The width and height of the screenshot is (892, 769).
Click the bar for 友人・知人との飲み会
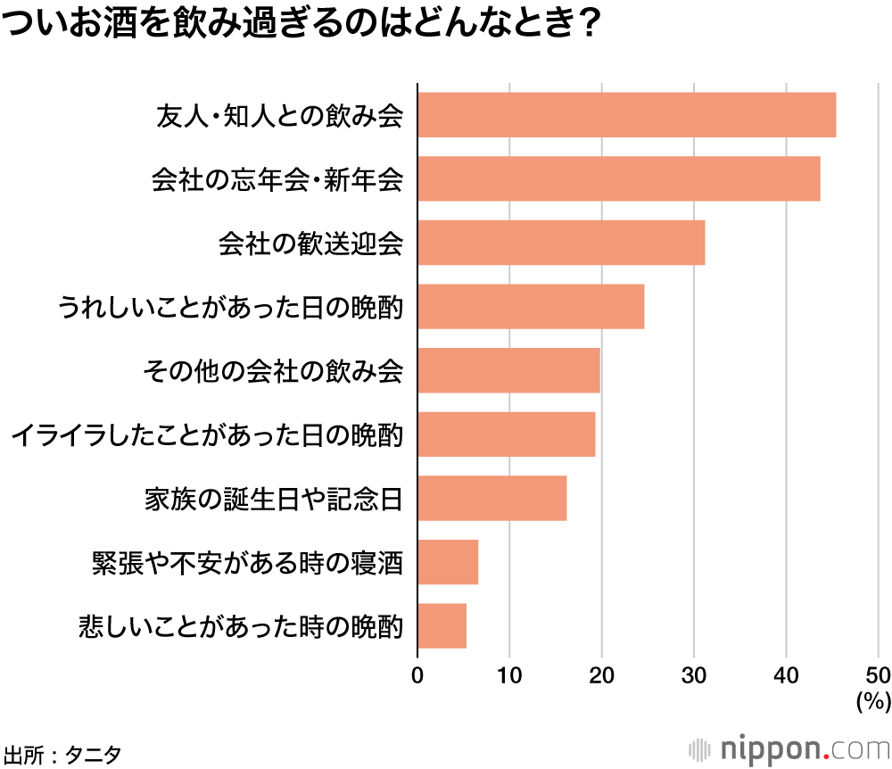pos(626,115)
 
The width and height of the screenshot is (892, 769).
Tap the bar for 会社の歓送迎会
pos(561,243)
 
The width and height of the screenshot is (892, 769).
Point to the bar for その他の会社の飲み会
pos(508,370)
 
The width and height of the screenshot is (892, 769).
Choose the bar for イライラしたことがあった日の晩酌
pos(506,434)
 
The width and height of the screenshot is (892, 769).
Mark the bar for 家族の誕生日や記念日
pos(491,498)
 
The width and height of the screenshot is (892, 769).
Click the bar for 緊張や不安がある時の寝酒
pos(448,562)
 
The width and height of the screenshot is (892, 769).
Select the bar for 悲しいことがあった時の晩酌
pos(442,625)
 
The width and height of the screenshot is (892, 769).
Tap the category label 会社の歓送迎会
pos(310,244)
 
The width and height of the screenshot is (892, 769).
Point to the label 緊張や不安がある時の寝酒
pos(247,563)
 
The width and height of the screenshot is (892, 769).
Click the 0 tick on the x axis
pos(417,674)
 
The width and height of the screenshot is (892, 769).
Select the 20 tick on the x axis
pos(601,674)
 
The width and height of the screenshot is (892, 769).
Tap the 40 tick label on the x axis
pos(786,674)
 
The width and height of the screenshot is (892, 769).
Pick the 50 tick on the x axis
pos(878,674)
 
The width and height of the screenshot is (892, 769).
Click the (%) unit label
pos(873,701)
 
